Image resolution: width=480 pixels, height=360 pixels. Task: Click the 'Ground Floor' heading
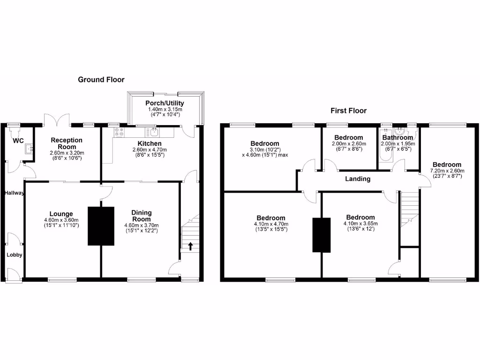click(x=101, y=80)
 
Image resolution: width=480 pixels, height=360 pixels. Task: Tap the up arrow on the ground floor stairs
click(x=190, y=246)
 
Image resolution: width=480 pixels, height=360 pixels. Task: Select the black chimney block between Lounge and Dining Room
click(x=101, y=226)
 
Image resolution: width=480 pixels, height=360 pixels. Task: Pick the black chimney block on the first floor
click(x=322, y=235)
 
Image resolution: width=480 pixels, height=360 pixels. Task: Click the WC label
click(x=18, y=141)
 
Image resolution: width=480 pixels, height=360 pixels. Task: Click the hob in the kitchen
click(x=119, y=132)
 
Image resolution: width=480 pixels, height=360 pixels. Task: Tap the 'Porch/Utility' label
click(x=165, y=103)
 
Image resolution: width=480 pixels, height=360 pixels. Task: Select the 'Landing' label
click(x=358, y=179)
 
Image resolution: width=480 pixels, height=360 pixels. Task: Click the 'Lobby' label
click(x=14, y=255)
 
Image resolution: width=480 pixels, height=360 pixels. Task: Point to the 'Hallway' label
click(x=15, y=193)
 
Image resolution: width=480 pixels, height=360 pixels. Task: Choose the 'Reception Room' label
click(x=67, y=143)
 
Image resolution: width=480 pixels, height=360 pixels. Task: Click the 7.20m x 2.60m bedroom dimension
click(x=447, y=171)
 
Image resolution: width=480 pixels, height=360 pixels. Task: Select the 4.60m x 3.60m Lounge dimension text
click(x=58, y=220)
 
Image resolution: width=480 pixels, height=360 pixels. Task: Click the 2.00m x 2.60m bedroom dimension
click(x=349, y=144)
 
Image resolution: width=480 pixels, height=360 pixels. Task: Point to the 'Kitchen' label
click(x=150, y=143)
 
